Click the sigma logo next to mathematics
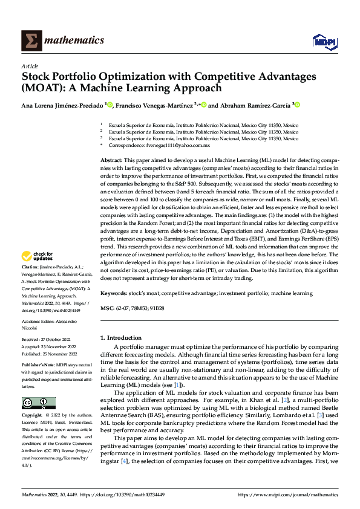tap(30, 41)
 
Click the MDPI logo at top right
tap(324, 41)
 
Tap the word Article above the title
tap(30, 66)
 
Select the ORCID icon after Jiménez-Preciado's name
tap(110, 105)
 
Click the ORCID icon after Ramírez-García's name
tap(297, 105)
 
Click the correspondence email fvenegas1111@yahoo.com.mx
tap(181, 146)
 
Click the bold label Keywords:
tap(114, 293)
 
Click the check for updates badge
tap(39, 273)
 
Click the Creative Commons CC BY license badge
tap(39, 403)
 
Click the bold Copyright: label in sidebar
tap(32, 416)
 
